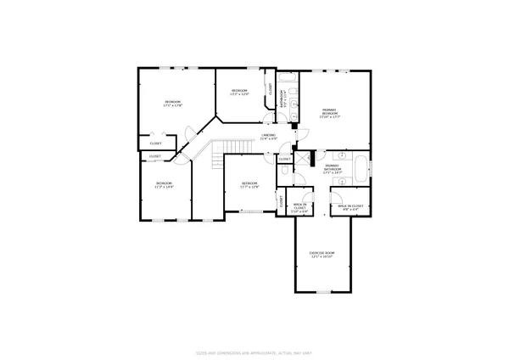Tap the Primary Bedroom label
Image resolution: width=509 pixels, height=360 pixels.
[330, 114]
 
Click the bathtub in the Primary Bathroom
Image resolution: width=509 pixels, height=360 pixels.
[361, 166]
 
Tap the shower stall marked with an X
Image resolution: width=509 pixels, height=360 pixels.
[310, 159]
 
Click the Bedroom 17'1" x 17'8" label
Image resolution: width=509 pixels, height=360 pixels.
[173, 104]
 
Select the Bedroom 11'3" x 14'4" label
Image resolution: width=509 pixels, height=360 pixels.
[164, 185]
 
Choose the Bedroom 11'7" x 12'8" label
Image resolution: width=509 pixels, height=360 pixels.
[249, 185]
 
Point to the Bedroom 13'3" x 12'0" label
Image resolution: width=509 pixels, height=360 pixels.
[239, 92]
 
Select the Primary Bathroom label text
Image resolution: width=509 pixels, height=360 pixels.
[333, 168]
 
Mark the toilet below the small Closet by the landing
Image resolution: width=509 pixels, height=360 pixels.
[282, 171]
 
